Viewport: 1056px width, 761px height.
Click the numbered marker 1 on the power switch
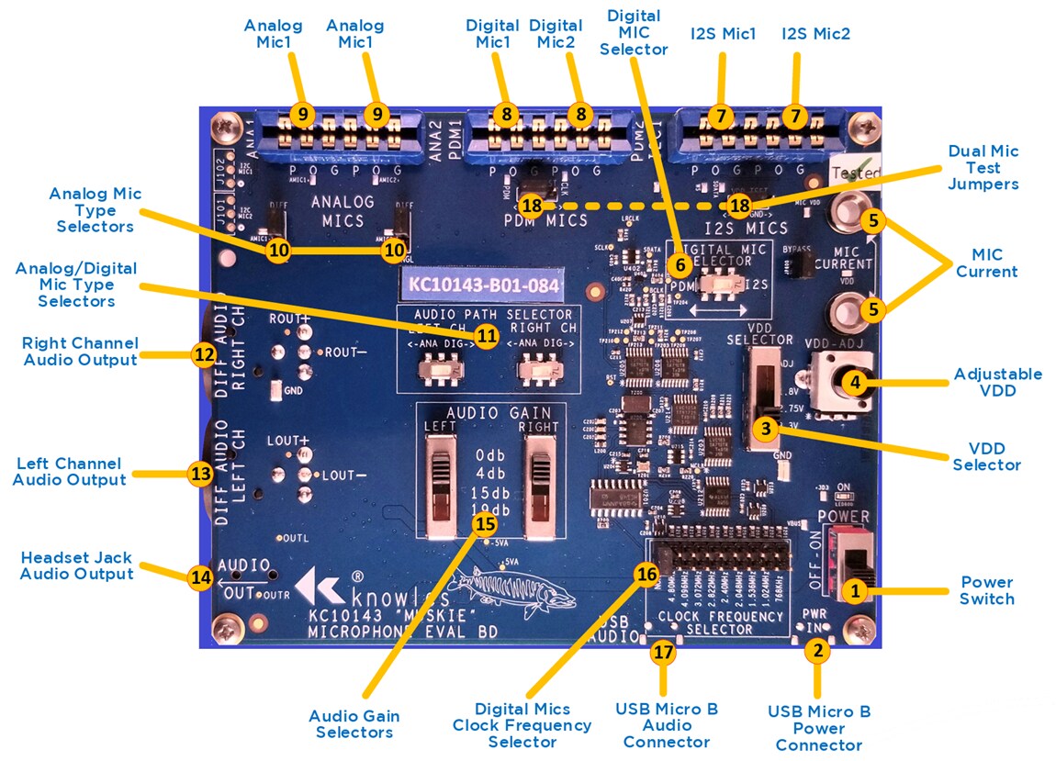[855, 591]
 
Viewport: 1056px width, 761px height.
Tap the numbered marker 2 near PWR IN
[817, 651]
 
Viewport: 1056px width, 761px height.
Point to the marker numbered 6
[680, 263]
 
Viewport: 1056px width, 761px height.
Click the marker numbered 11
[487, 336]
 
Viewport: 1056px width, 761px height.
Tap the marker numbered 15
[484, 523]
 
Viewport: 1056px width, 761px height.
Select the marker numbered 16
[646, 573]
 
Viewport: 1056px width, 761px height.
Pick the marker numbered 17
[663, 652]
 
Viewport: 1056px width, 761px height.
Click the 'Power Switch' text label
[986, 590]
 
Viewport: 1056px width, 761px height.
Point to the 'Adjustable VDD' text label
[997, 383]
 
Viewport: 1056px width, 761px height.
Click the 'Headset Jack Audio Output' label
[76, 565]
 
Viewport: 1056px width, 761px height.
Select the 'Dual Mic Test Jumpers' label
[983, 167]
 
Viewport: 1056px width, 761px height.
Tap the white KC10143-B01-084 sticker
[481, 285]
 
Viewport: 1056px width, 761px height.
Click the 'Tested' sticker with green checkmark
[855, 171]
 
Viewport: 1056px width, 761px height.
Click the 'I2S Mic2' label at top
[815, 34]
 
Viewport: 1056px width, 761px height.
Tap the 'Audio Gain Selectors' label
[354, 723]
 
